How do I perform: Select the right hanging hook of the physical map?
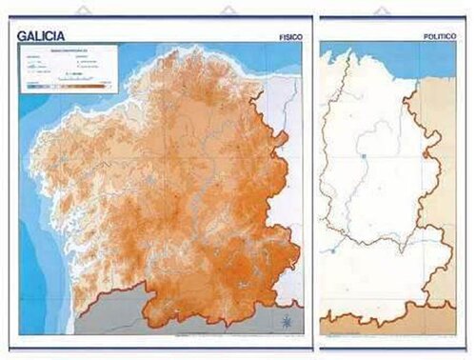(228, 11)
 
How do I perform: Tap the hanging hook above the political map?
(382, 11)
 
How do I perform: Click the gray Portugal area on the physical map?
(143, 319)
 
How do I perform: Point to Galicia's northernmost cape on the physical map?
(172, 50)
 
